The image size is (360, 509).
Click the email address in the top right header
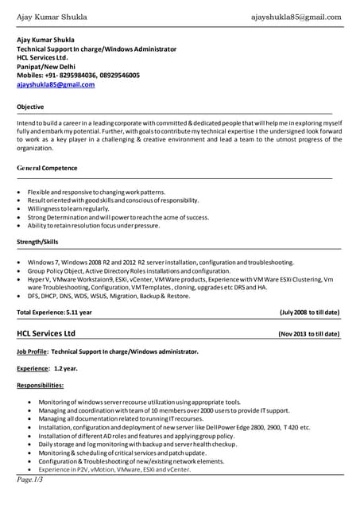pyautogui.click(x=296, y=17)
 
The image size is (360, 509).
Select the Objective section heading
pyautogui.click(x=30, y=106)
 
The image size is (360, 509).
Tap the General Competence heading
pyautogui.click(x=48, y=169)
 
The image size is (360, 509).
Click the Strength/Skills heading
pyautogui.click(x=37, y=242)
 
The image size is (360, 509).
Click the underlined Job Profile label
pyautogui.click(x=32, y=352)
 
